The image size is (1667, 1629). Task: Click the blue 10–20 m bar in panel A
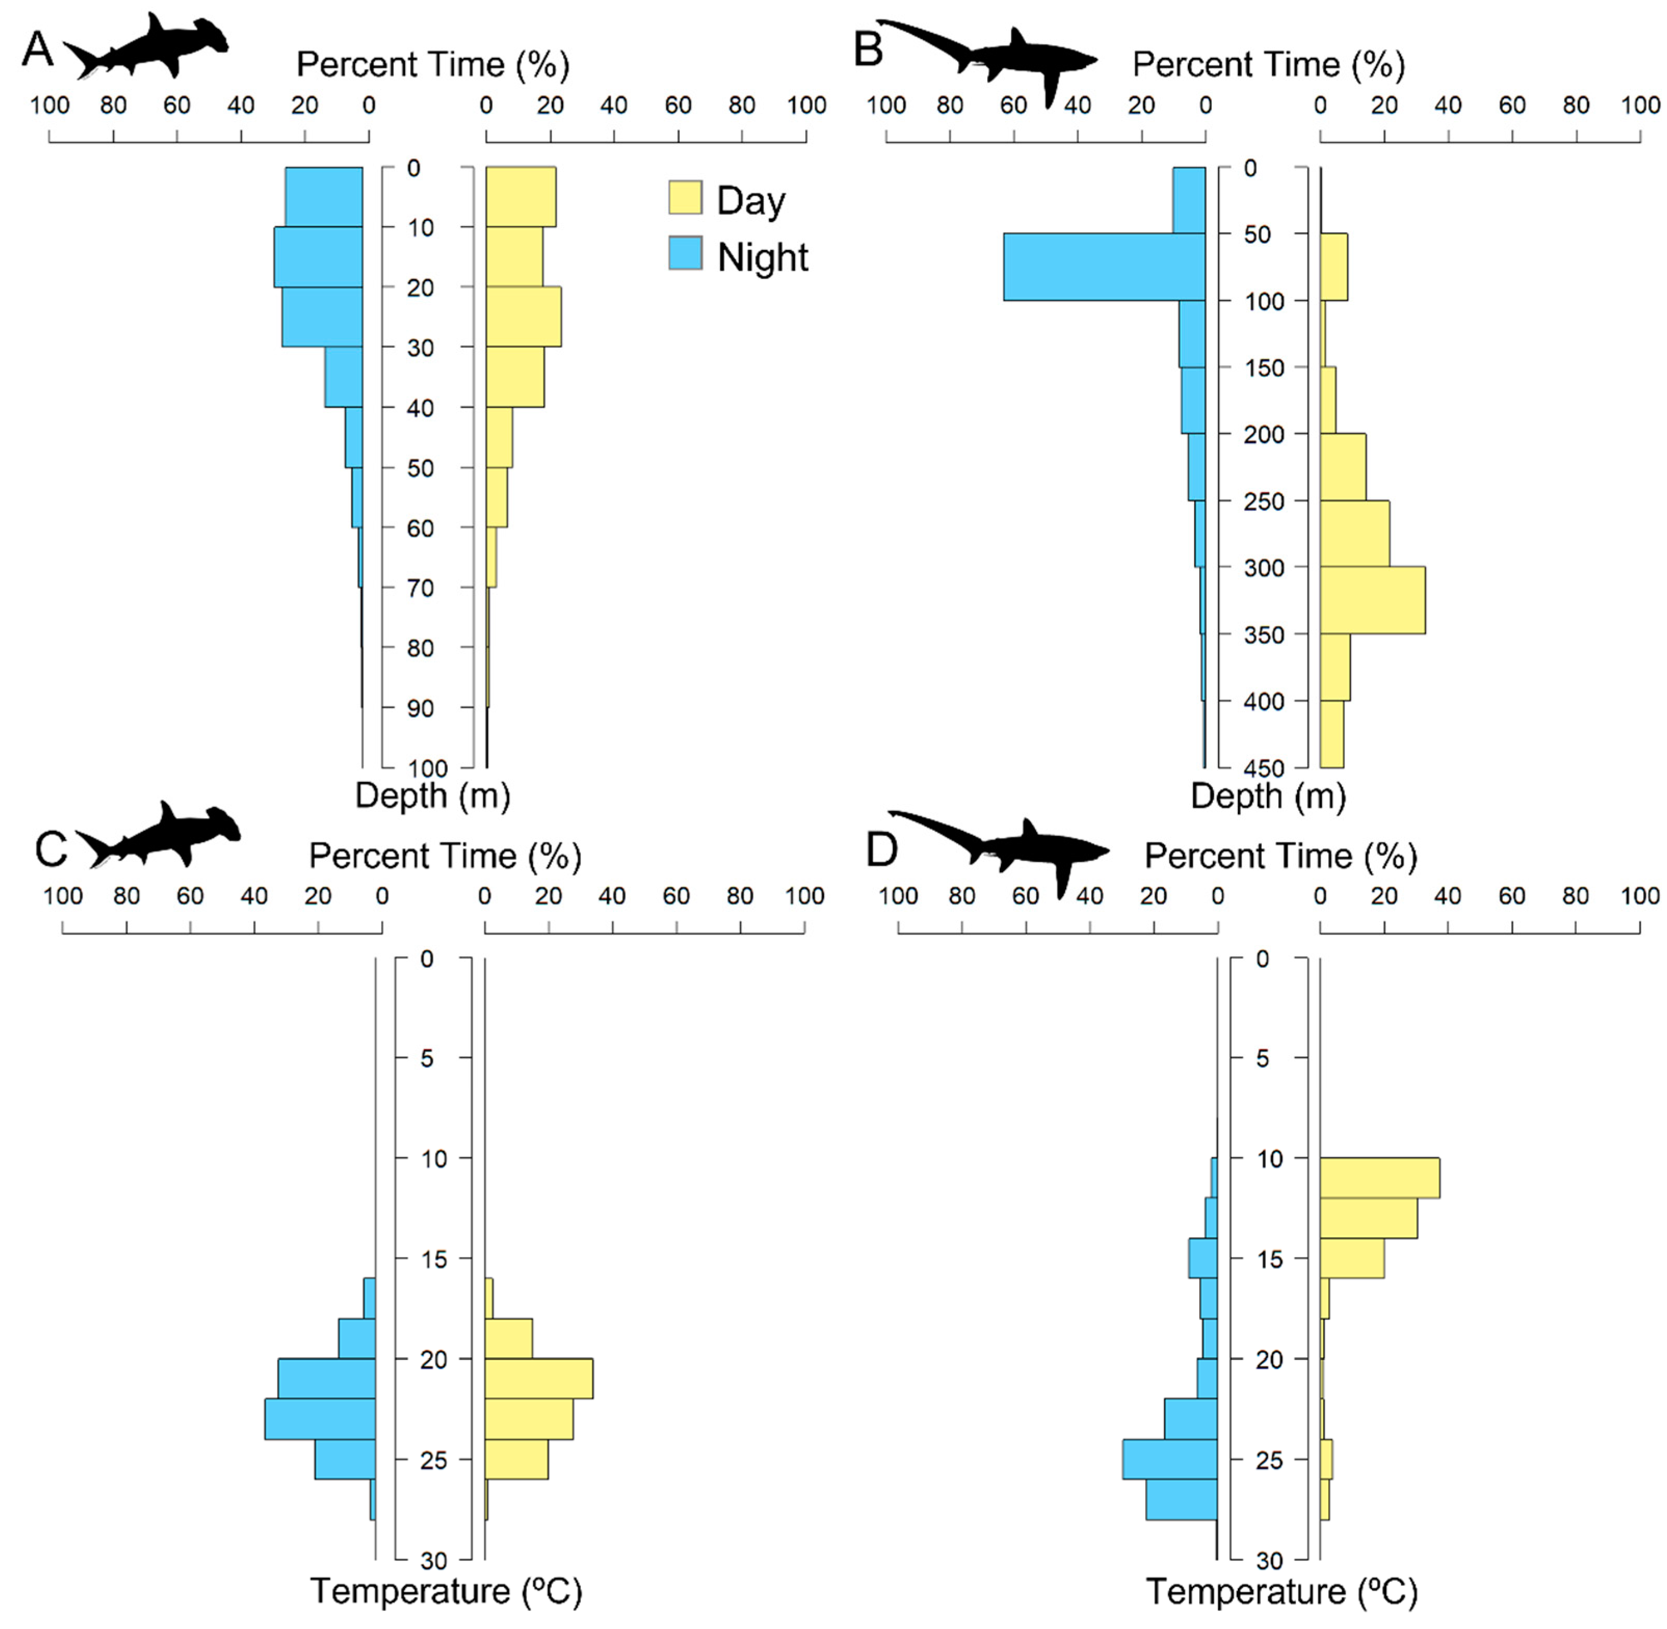point(317,257)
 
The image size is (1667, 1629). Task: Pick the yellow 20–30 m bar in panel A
point(523,317)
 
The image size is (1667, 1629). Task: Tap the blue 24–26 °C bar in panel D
point(1169,1458)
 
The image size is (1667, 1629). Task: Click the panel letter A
point(37,49)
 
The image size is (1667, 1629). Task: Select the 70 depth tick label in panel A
point(419,588)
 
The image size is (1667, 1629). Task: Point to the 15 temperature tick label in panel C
point(434,1258)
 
